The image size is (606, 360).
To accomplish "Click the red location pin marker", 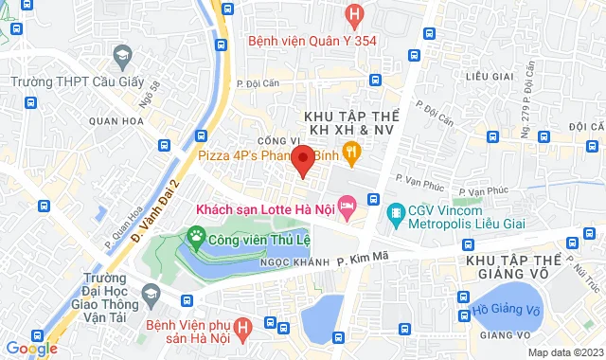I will [x=302, y=160].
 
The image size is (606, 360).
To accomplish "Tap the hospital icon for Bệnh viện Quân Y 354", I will [x=354, y=15].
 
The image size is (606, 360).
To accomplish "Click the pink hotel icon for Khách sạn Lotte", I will [x=347, y=204].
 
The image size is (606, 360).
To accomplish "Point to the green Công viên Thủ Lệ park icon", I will [x=196, y=235].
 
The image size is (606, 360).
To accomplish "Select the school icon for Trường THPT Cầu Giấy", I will [x=120, y=58].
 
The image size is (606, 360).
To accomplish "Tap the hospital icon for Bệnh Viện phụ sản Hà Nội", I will [x=242, y=329].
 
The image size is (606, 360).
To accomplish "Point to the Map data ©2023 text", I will [x=563, y=352].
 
